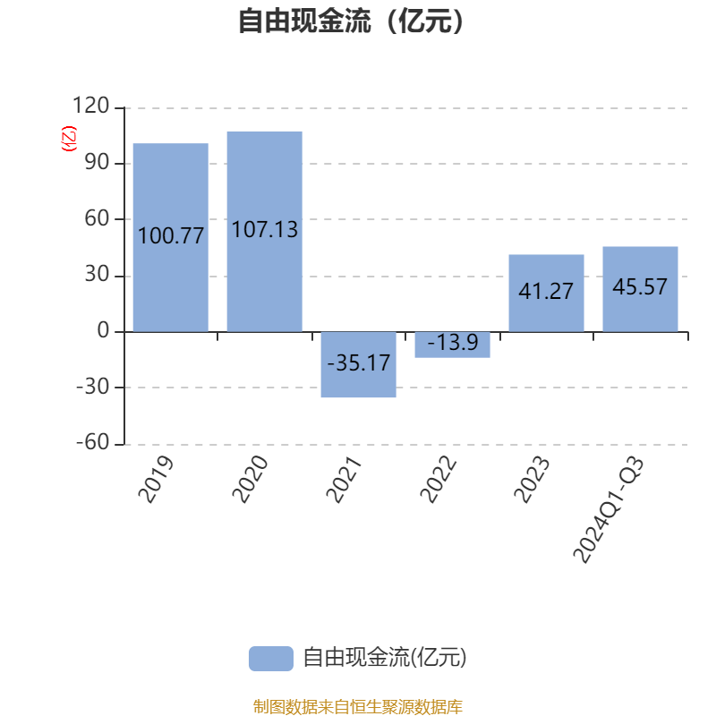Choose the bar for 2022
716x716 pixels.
[452, 345]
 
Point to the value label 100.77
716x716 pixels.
[170, 237]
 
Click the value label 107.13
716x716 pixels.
[264, 230]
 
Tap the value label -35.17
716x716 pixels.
[358, 363]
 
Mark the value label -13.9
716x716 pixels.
[452, 343]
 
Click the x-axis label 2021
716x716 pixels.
[346, 479]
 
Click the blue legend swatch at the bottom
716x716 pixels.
[270, 659]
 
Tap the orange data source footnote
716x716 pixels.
[357, 707]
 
